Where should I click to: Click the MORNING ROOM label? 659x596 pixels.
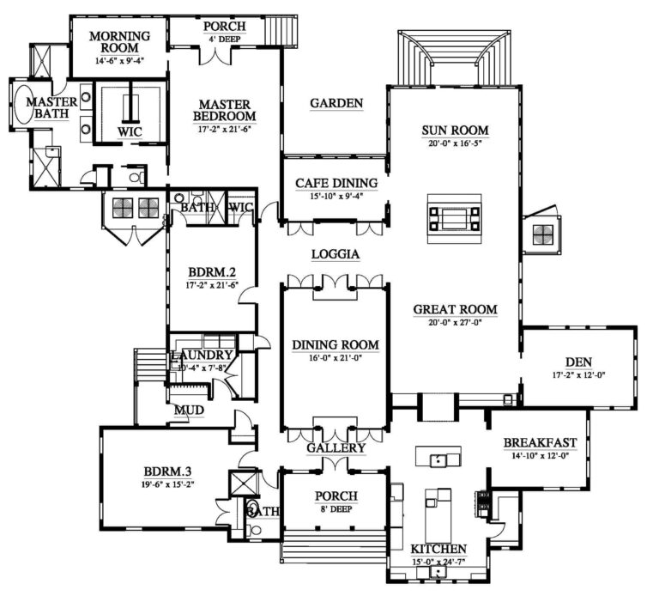(120, 42)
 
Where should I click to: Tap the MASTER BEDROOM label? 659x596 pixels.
(225, 109)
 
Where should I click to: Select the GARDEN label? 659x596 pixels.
(336, 103)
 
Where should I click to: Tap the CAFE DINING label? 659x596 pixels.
(336, 183)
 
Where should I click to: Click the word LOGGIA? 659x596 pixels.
(335, 254)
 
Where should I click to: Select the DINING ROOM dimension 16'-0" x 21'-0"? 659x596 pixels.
(336, 359)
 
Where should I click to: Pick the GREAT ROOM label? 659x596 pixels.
(455, 310)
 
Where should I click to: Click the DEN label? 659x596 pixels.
(580, 362)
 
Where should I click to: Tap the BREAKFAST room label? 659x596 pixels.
(540, 443)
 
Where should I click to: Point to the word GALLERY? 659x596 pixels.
(336, 447)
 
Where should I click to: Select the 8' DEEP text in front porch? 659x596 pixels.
(336, 508)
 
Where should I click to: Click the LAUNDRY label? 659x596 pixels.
(202, 356)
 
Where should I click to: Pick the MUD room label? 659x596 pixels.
(189, 411)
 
